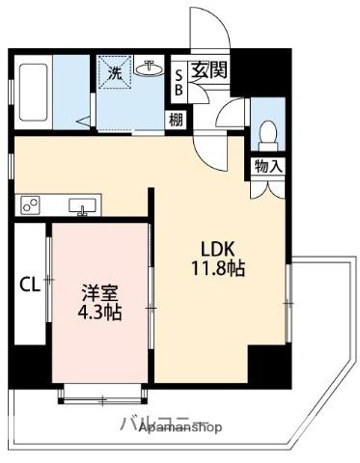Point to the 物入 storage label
click(268, 167)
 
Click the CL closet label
click(29, 285)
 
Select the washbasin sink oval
click(150, 69)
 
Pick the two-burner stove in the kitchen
click(31, 204)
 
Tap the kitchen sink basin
click(82, 204)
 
